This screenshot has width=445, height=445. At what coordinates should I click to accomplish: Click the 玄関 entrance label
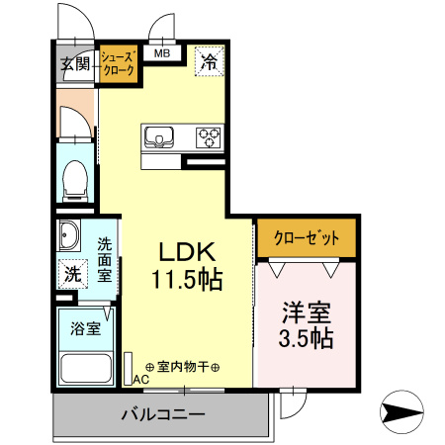tap(75, 65)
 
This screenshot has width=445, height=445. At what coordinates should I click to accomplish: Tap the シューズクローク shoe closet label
tap(118, 64)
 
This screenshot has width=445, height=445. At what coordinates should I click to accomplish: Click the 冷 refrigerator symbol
tap(209, 62)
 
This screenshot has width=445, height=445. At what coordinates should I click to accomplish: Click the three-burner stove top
tap(209, 135)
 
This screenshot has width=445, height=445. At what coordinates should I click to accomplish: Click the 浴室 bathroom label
tap(84, 329)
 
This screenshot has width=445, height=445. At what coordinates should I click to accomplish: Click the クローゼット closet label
tap(307, 238)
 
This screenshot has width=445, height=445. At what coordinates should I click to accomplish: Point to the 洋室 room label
tap(306, 311)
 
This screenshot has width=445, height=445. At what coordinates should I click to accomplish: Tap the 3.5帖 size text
tap(306, 338)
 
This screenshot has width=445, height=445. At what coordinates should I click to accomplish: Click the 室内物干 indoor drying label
tap(184, 366)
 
